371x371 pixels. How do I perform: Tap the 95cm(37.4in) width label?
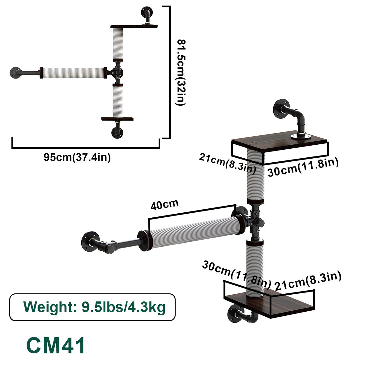[77, 157]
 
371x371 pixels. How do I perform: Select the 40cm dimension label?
[164, 205]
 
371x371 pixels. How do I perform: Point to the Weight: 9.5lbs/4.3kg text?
[94, 307]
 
